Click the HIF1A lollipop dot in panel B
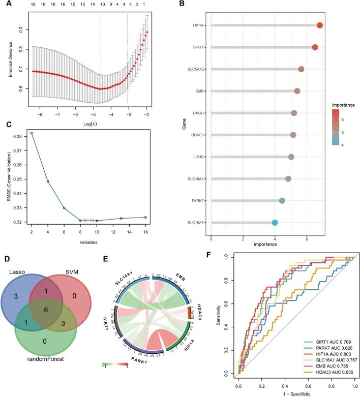(x=320, y=25)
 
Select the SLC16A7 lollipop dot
(x=275, y=223)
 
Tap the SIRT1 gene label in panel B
(x=200, y=47)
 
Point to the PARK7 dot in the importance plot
(x=282, y=201)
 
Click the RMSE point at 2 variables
(x=32, y=133)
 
